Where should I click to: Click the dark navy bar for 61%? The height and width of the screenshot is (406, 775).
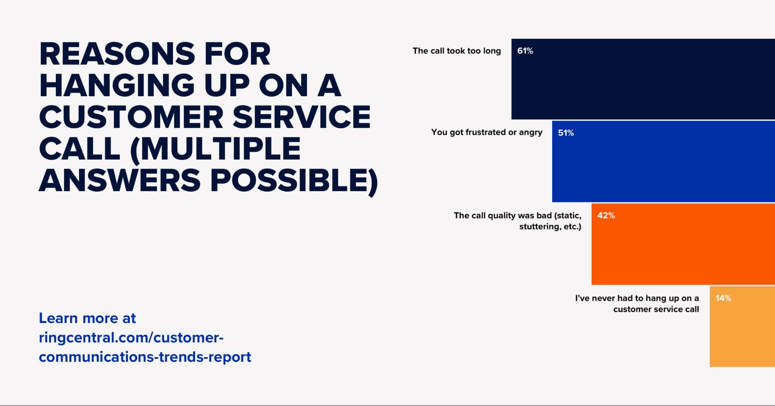pyautogui.click(x=643, y=79)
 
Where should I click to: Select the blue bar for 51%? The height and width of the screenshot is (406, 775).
pyautogui.click(x=663, y=161)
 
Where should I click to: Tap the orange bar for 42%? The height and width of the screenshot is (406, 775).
pyautogui.click(x=683, y=244)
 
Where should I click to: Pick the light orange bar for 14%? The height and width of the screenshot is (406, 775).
pyautogui.click(x=742, y=327)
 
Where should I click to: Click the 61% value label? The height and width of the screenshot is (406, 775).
pyautogui.click(x=525, y=51)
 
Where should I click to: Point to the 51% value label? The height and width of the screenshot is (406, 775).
pyautogui.click(x=566, y=133)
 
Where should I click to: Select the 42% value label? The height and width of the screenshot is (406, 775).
pyautogui.click(x=606, y=216)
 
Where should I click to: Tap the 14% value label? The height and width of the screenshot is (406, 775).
pyautogui.click(x=723, y=298)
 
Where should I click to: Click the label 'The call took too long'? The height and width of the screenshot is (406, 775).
pyautogui.click(x=457, y=51)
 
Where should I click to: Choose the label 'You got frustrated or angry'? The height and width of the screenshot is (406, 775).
pyautogui.click(x=487, y=132)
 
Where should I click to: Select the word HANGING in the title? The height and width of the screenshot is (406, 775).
pyautogui.click(x=117, y=85)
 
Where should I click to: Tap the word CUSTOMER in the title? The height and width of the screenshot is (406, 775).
pyautogui.click(x=131, y=117)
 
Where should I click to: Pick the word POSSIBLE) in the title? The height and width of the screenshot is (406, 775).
pyautogui.click(x=294, y=181)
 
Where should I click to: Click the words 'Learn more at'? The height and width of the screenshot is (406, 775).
pyautogui.click(x=87, y=318)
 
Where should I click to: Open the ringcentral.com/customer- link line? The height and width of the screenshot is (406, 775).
pyautogui.click(x=131, y=338)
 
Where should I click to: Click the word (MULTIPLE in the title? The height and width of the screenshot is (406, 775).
pyautogui.click(x=215, y=149)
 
